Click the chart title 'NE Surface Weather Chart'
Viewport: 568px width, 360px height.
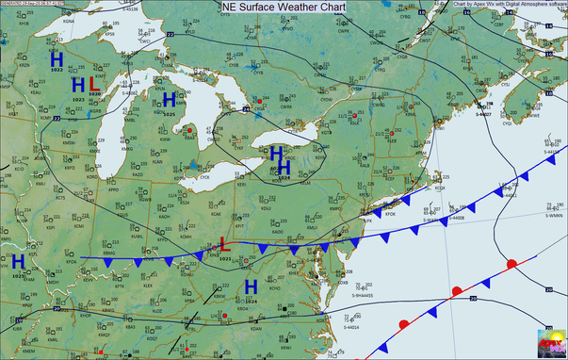click(x=284, y=7)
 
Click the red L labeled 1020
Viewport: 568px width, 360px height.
click(x=94, y=87)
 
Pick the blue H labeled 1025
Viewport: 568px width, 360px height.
click(x=170, y=100)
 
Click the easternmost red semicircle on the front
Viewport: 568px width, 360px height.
click(x=511, y=264)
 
